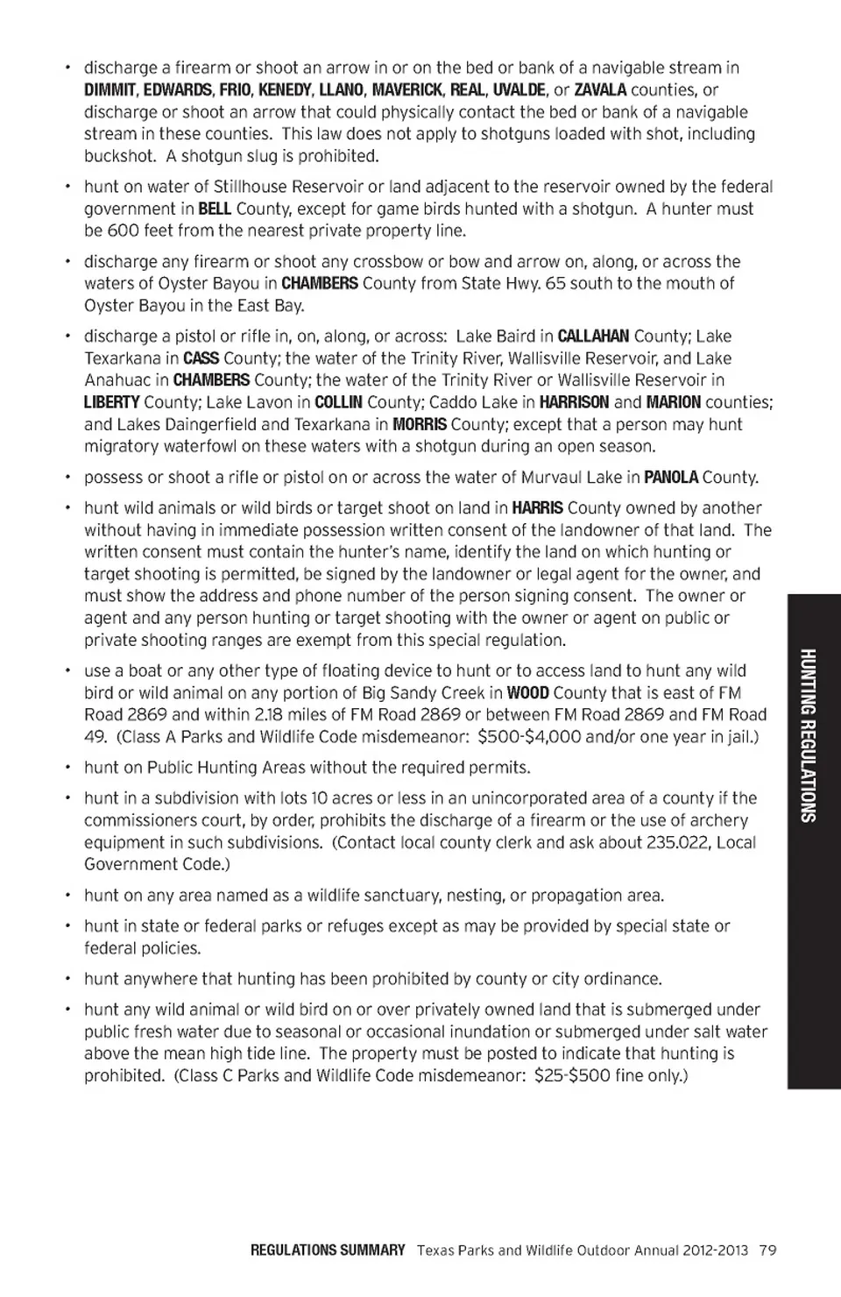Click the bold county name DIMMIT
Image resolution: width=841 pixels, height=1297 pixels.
(x=110, y=90)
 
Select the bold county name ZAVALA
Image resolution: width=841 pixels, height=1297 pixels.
(x=600, y=90)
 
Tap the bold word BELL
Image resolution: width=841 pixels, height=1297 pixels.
(x=215, y=209)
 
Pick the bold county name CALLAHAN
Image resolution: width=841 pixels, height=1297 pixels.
(x=593, y=337)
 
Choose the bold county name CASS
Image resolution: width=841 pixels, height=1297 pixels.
(x=201, y=358)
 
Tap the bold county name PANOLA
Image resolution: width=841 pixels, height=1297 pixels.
(x=671, y=478)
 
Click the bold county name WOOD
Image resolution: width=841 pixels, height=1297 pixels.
(x=528, y=693)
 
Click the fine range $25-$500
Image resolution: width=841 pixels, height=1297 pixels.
(x=572, y=1076)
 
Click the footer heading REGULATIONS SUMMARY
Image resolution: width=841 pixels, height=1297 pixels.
(x=328, y=1251)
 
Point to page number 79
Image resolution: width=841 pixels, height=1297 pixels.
(x=768, y=1251)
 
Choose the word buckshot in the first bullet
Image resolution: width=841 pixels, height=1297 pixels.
(x=120, y=157)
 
